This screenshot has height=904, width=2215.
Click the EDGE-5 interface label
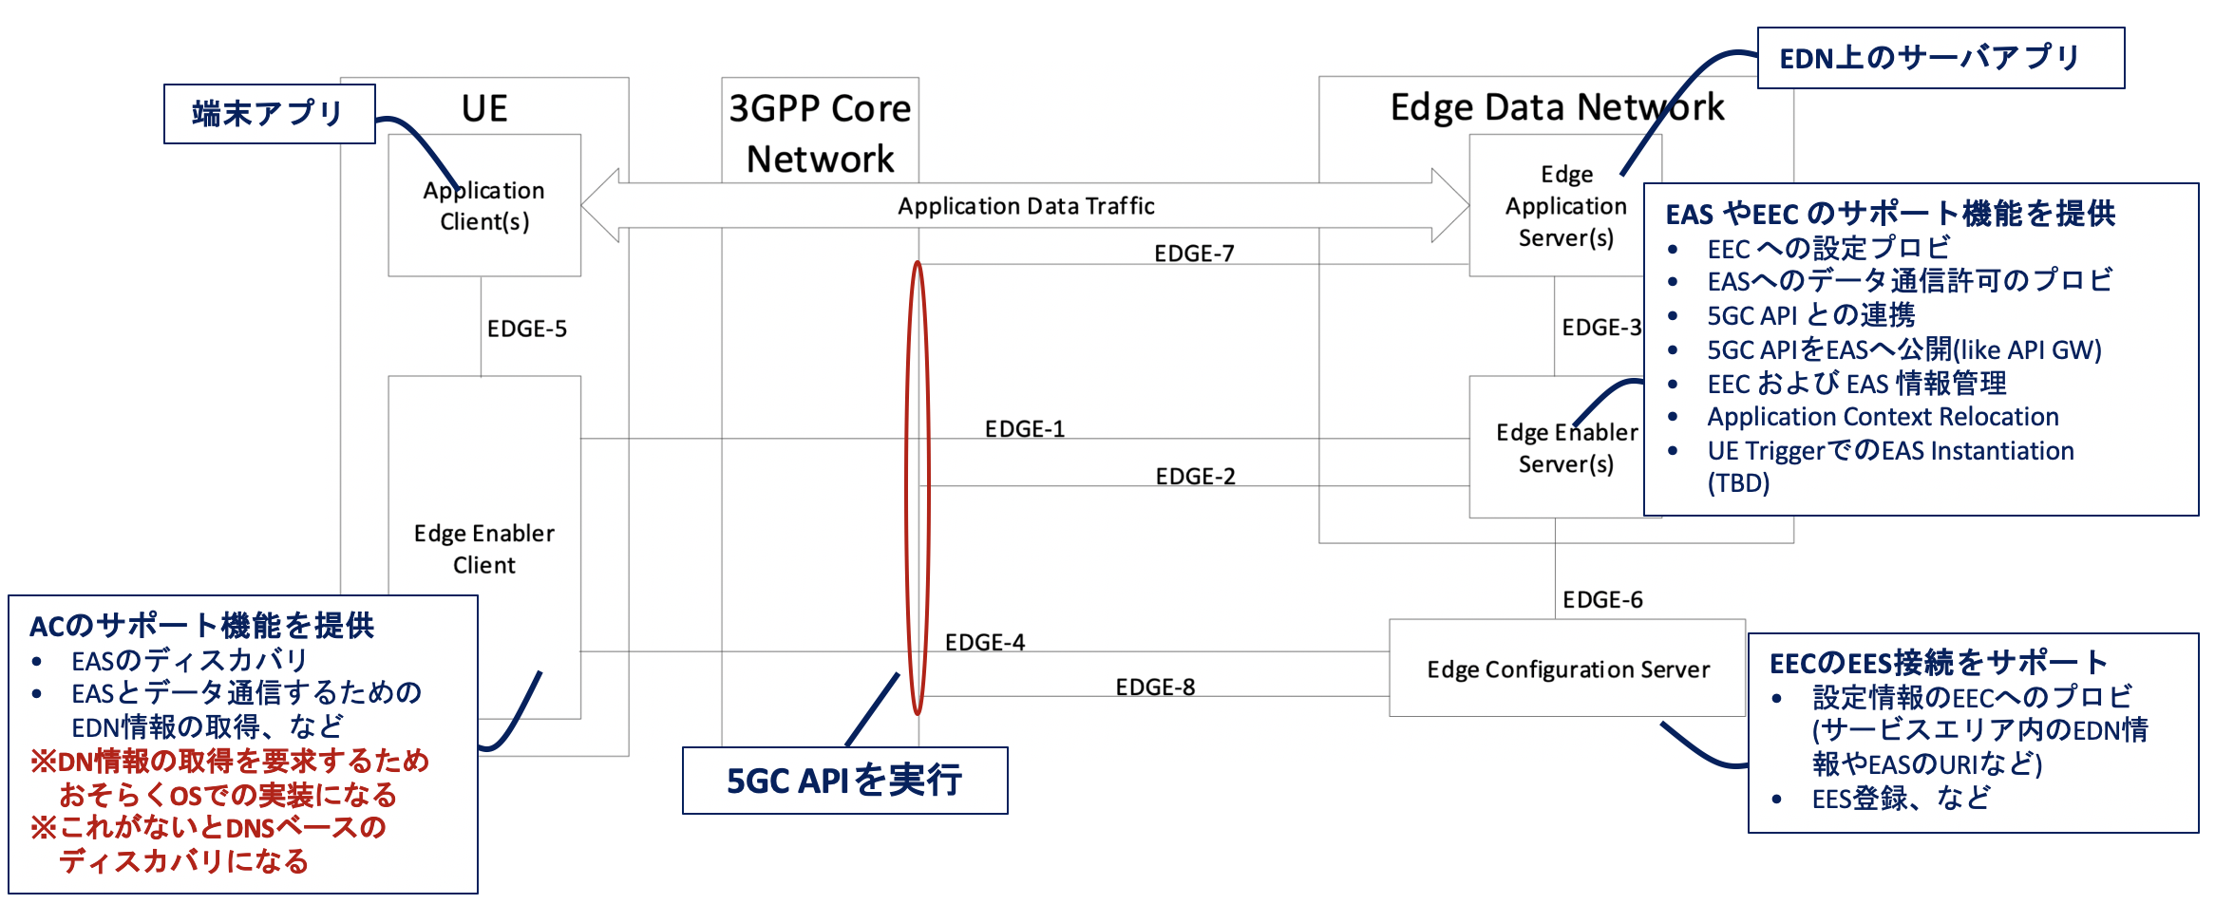(526, 329)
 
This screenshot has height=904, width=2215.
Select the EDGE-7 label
(1194, 254)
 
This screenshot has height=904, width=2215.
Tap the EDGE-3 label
(1600, 328)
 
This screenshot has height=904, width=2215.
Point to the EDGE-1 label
(1024, 429)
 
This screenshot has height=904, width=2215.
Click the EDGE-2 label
(1195, 477)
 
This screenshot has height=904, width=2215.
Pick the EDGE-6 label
(1602, 600)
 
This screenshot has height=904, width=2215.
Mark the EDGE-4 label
(984, 643)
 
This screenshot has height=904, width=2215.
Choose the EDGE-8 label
(1155, 687)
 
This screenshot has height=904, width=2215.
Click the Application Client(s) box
(483, 205)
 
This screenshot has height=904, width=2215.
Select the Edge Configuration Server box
(1567, 669)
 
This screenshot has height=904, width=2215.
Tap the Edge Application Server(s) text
(1565, 206)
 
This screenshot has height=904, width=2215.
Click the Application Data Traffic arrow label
(1026, 206)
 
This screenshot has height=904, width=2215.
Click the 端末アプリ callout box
(269, 114)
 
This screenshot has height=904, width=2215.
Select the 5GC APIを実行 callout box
(844, 781)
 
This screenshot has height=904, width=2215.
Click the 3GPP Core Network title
(820, 133)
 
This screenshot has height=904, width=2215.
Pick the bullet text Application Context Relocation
(1883, 417)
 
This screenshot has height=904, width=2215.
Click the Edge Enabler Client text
(483, 549)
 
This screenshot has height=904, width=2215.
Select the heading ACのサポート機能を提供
(201, 626)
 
